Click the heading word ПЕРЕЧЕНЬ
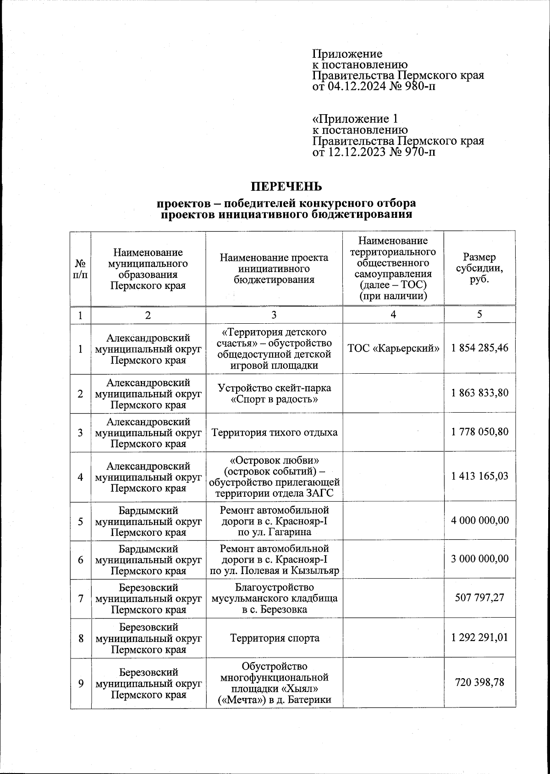(x=286, y=187)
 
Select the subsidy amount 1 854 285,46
(x=479, y=348)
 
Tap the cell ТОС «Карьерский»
(x=393, y=348)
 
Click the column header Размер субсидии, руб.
(x=479, y=268)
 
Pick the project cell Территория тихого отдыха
(x=274, y=432)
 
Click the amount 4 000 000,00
(x=479, y=520)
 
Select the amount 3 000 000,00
(x=479, y=559)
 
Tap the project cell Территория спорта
(x=274, y=638)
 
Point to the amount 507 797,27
(x=479, y=598)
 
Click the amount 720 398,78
(x=479, y=682)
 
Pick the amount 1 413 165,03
(x=479, y=476)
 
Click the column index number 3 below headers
(x=274, y=315)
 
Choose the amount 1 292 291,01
(x=479, y=638)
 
